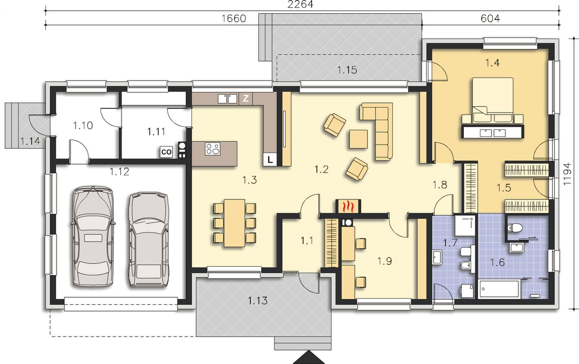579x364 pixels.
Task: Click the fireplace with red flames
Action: [x=348, y=206]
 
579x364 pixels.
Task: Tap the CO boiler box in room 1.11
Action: [x=166, y=152]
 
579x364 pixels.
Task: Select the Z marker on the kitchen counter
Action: [x=245, y=98]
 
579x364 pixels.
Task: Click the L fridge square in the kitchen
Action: [x=270, y=159]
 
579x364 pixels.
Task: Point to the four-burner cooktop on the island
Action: [x=213, y=149]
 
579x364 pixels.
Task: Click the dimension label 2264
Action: [x=300, y=4]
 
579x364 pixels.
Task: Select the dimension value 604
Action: [x=490, y=18]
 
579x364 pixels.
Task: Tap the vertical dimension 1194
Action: [x=567, y=174]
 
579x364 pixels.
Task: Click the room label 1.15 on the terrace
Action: [x=347, y=70]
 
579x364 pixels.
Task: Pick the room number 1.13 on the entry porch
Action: [x=258, y=300]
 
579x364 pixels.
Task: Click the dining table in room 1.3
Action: [x=235, y=223]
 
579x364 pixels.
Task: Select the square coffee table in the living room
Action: [x=358, y=139]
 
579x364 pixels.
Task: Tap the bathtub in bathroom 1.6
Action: [x=499, y=289]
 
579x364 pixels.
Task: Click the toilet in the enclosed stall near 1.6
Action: [x=515, y=228]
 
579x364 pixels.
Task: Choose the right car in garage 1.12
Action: [x=149, y=239]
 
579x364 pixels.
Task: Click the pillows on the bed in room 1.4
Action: [x=493, y=118]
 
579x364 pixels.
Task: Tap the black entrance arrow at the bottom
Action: [x=309, y=358]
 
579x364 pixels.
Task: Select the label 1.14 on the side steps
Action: [x=30, y=141]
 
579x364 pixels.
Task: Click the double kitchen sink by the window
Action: [x=227, y=99]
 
